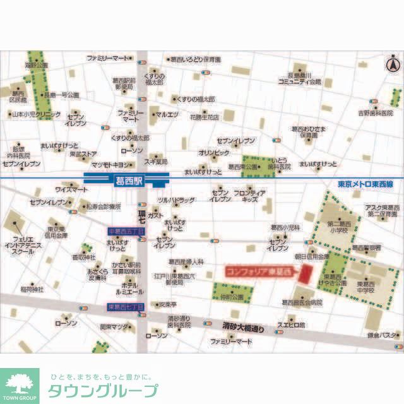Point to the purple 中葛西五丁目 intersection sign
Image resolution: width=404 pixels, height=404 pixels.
coord(126,232)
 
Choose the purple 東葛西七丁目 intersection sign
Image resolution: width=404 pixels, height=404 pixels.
coord(126,307)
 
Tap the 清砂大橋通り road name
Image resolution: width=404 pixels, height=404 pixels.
coord(243,328)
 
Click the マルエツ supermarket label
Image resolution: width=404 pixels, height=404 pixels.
coord(168,114)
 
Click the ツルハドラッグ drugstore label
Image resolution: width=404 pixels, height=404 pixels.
coord(175,200)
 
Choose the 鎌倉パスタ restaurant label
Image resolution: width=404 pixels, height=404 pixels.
coord(383,335)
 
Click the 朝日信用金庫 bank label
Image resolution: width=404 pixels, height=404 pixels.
coord(312,258)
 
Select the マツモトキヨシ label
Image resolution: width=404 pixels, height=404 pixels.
coord(110,164)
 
